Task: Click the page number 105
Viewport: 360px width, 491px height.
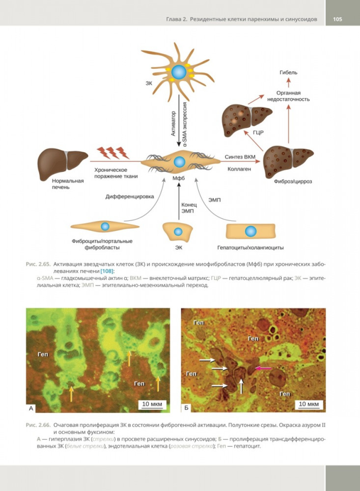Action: click(x=337, y=20)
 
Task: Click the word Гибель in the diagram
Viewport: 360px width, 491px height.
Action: click(x=288, y=73)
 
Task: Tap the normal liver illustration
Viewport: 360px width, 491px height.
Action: click(x=62, y=163)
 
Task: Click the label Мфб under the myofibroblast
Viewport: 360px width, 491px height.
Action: click(x=178, y=178)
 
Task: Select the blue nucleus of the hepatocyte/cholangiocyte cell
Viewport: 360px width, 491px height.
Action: click(x=251, y=231)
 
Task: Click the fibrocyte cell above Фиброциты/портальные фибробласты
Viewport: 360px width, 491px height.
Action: click(x=105, y=226)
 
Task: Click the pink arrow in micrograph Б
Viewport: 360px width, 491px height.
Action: click(x=264, y=368)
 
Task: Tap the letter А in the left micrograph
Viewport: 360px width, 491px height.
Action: click(x=31, y=407)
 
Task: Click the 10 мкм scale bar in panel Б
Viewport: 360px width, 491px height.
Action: click(x=309, y=405)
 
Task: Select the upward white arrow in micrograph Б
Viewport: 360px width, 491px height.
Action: click(x=241, y=387)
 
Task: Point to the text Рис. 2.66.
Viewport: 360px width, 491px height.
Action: click(x=38, y=424)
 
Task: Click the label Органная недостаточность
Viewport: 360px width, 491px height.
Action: click(x=288, y=96)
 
